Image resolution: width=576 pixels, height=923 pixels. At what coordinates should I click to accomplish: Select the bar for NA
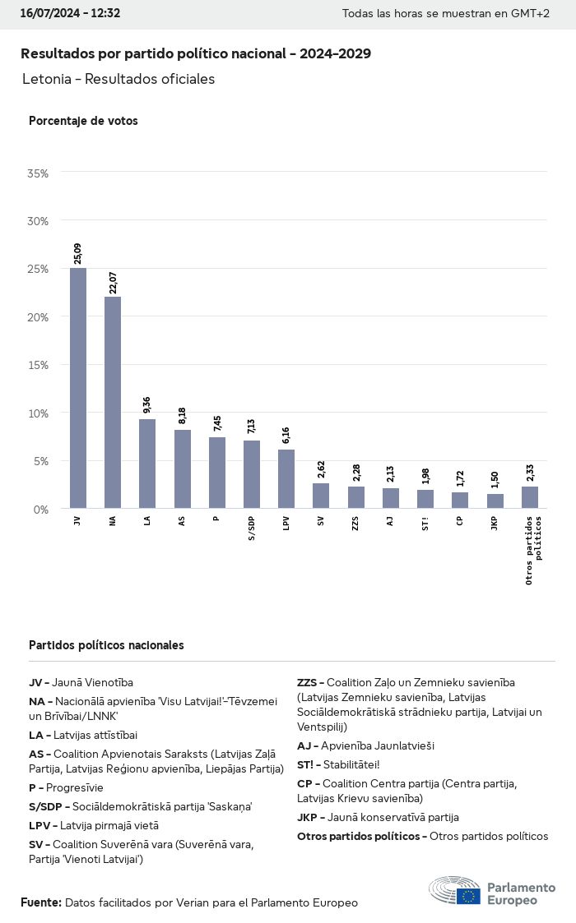coord(113,403)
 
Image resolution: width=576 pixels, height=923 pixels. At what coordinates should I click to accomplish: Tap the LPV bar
coord(286,478)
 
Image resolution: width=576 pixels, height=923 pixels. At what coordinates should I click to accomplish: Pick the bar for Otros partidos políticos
coord(530,497)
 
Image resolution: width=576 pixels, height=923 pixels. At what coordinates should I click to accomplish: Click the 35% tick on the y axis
coord(38,173)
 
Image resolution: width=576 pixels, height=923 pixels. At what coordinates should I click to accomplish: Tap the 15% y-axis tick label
coord(38,365)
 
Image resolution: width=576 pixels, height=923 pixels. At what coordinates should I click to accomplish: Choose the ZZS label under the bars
coord(355,523)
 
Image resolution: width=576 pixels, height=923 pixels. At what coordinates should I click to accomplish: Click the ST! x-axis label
coord(425,523)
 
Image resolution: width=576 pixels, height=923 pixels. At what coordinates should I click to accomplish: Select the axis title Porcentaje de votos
coord(83,121)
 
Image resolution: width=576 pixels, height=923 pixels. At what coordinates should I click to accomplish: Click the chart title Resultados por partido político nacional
coord(195,54)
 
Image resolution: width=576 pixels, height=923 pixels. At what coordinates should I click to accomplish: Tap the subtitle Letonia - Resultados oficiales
coord(118,79)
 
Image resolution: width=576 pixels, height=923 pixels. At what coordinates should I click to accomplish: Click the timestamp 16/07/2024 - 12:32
coord(70,13)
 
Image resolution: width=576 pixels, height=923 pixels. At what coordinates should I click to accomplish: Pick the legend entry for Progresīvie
coord(66,787)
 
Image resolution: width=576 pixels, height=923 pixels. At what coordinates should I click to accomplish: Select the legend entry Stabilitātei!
coord(338,764)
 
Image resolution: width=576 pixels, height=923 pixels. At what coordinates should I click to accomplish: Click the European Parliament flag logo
coord(469,895)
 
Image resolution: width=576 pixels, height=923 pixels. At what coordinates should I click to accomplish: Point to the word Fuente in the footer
coord(40,902)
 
